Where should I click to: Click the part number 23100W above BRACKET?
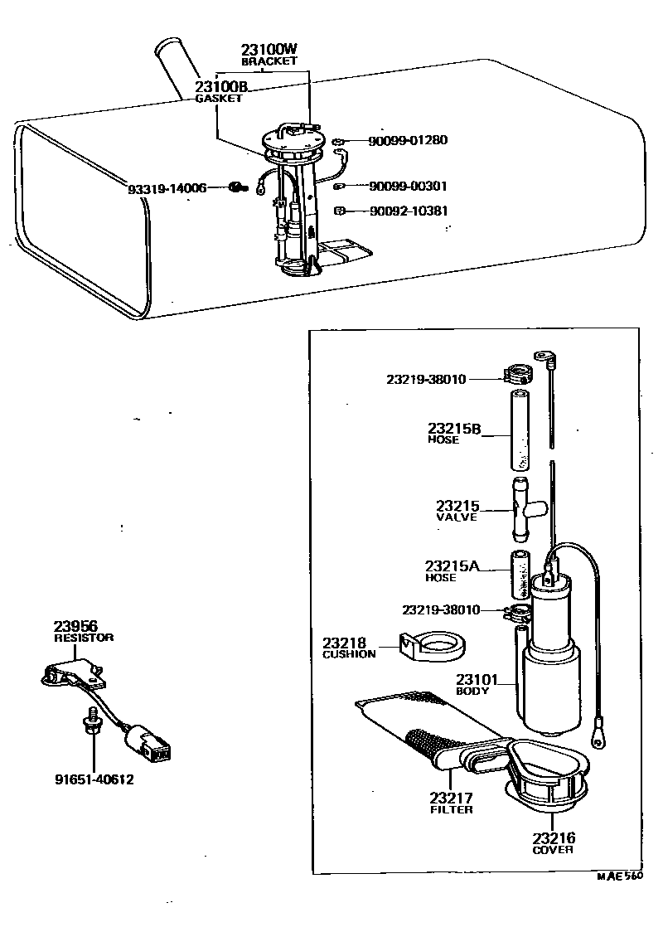pyautogui.click(x=269, y=50)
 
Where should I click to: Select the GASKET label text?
pyautogui.click(x=218, y=98)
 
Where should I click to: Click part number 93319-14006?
pyautogui.click(x=167, y=189)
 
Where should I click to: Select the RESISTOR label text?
pyautogui.click(x=84, y=638)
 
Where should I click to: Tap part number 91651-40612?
pyautogui.click(x=94, y=779)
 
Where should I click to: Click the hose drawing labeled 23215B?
pyautogui.click(x=517, y=429)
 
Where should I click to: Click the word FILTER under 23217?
pyautogui.click(x=452, y=809)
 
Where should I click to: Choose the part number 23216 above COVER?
pyautogui.click(x=554, y=837)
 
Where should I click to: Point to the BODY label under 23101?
pyautogui.click(x=472, y=690)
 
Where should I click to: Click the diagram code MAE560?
pyautogui.click(x=620, y=874)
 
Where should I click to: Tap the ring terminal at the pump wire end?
pyautogui.click(x=598, y=732)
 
